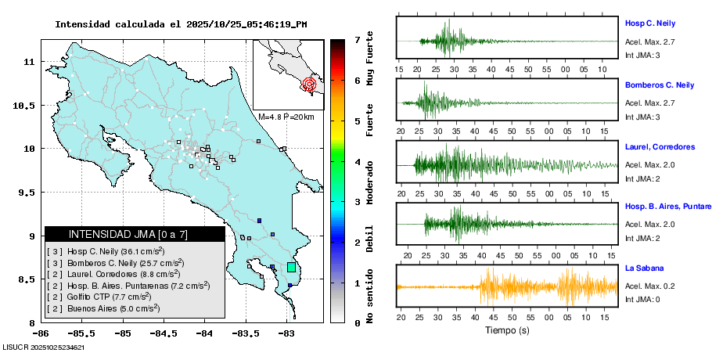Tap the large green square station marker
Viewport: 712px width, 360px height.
(x=291, y=268)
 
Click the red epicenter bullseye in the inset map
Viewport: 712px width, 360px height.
(x=309, y=83)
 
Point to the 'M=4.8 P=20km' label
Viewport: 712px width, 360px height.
(x=286, y=117)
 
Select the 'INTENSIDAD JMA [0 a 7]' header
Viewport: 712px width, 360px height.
(x=128, y=234)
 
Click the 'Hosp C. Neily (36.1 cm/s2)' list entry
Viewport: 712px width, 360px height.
(x=106, y=251)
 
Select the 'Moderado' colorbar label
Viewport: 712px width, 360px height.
(x=370, y=181)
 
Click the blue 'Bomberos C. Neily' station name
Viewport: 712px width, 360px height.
(x=660, y=85)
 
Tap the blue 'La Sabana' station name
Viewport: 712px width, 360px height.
(x=644, y=268)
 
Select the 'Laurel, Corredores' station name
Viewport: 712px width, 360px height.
(x=660, y=146)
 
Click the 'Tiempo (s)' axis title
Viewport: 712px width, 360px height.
(x=507, y=331)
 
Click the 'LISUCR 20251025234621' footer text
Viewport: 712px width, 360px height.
(x=43, y=347)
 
